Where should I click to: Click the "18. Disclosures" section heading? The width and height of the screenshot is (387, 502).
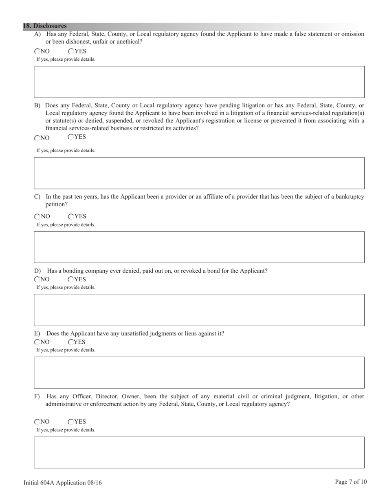point(45,26)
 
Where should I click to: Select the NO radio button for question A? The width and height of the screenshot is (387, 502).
point(37,51)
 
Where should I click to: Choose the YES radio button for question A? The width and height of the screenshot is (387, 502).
point(71,51)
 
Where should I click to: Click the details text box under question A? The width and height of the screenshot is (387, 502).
point(199,82)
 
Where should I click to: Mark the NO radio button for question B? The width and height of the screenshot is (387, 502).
point(37,138)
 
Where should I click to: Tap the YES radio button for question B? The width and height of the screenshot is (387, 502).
point(71,137)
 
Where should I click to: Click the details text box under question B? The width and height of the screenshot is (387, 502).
point(199,173)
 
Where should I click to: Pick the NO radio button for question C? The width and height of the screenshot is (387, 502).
point(37,217)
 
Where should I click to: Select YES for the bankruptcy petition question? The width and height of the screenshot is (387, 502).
point(71,217)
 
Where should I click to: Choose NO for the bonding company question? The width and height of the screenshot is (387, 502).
point(37,280)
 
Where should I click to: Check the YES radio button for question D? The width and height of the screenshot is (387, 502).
point(71,280)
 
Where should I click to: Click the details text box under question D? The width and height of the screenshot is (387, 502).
point(199,310)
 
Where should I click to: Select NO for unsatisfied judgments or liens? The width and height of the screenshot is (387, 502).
point(37,342)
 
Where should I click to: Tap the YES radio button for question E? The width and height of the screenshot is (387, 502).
point(71,342)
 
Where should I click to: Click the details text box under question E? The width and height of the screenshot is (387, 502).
point(199,372)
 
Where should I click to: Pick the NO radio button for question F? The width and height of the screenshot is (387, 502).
point(37,422)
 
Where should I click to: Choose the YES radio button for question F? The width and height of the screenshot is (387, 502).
point(71,422)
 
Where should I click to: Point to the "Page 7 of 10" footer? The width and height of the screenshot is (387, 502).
point(351,482)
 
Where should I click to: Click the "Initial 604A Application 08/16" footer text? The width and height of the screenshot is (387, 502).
point(63,483)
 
